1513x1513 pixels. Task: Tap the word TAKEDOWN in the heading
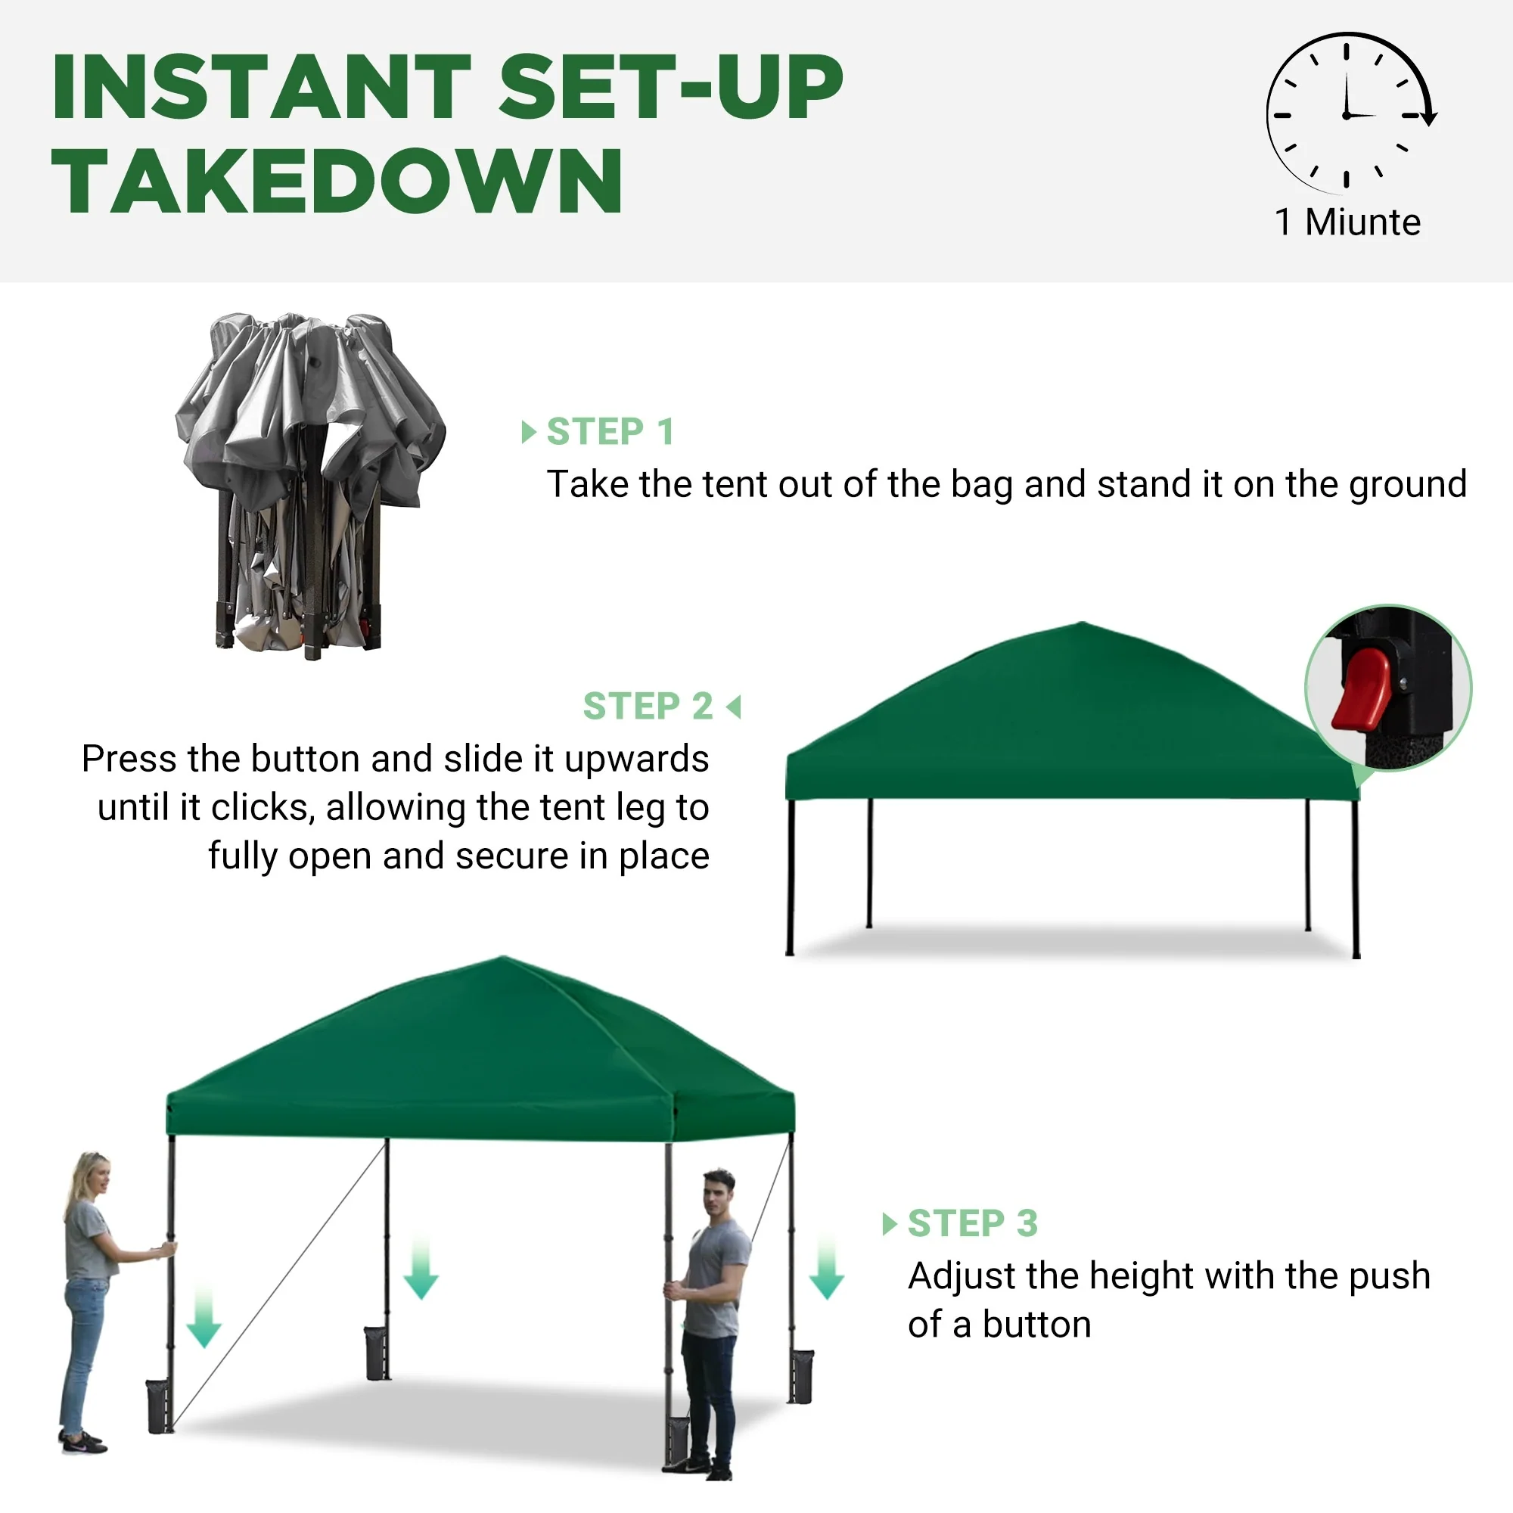coord(337,181)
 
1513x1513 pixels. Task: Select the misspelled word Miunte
coord(1362,222)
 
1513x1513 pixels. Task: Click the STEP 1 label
coord(610,431)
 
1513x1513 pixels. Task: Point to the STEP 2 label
coord(648,707)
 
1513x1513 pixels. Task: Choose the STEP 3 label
coord(973,1223)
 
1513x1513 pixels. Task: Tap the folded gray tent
coord(310,486)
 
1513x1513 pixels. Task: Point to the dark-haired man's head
coord(719,1195)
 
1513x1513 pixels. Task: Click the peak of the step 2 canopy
coord(1083,623)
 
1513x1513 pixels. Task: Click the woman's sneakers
coord(82,1442)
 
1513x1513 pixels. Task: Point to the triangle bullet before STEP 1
coord(529,431)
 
